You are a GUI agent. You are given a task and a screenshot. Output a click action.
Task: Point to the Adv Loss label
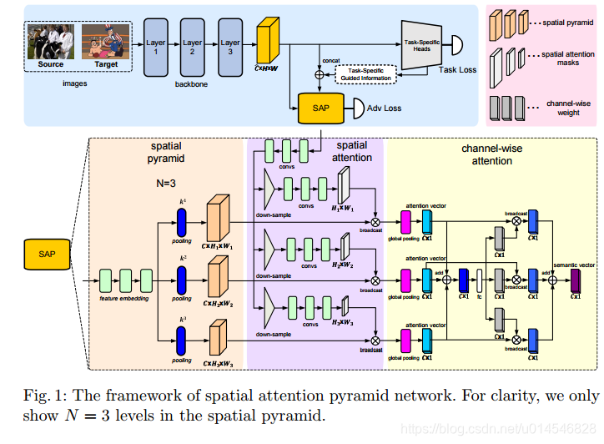point(384,108)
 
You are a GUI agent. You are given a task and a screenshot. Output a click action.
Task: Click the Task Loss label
point(457,69)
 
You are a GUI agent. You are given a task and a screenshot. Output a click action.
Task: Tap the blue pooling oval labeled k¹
point(180,222)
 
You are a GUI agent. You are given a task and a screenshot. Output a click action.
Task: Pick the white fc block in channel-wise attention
point(480,280)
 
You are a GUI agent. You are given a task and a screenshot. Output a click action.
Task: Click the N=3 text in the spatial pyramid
point(171,182)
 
